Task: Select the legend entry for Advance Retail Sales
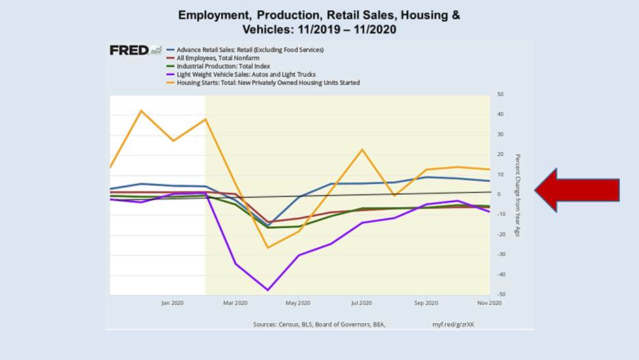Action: (x=250, y=50)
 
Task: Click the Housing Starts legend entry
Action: (x=268, y=83)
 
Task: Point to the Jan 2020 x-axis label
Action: (x=173, y=303)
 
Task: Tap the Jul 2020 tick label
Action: (x=362, y=303)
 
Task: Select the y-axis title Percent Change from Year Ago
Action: (x=517, y=195)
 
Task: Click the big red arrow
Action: (x=577, y=189)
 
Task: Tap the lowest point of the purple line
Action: (x=268, y=290)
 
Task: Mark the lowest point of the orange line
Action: (x=268, y=247)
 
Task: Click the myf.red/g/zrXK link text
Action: (x=453, y=324)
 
